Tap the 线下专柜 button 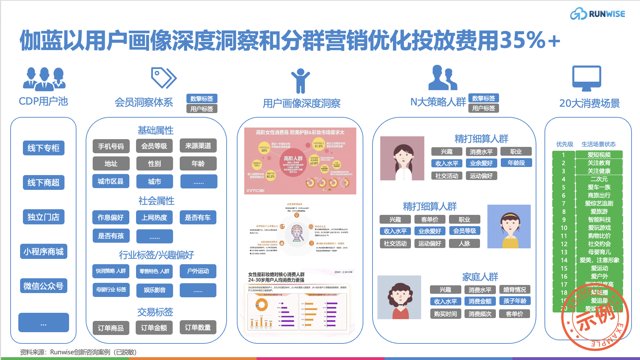[x=44, y=148]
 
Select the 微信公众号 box [x=44, y=286]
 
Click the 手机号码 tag [x=111, y=146]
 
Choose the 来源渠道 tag [x=198, y=146]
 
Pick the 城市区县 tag [x=111, y=181]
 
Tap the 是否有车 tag [x=198, y=218]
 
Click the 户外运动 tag [x=198, y=271]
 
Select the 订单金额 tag [x=154, y=328]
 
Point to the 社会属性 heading [x=156, y=201]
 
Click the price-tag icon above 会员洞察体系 [x=164, y=78]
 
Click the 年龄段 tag [x=516, y=163]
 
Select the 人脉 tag [x=464, y=243]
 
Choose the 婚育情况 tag [x=515, y=290]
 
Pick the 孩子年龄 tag [x=515, y=301]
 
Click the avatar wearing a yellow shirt [x=509, y=226]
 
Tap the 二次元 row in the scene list [x=599, y=179]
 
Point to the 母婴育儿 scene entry [x=599, y=252]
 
